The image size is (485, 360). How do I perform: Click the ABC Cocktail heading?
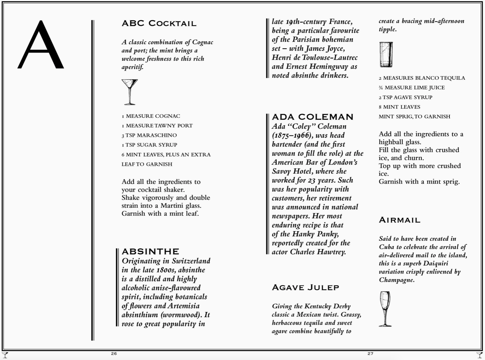point(159,24)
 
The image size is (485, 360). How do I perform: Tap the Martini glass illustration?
point(129,92)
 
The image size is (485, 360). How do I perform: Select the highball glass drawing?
point(386,55)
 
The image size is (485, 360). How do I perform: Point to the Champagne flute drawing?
point(385,309)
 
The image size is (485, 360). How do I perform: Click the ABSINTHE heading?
point(150,252)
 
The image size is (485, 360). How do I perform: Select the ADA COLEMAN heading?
point(312,117)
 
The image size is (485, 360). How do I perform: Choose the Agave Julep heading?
point(305,287)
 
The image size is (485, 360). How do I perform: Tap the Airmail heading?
point(399,220)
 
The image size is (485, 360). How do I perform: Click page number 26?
point(114,354)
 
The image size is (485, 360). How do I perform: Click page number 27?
point(370,354)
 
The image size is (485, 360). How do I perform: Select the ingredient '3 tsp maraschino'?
point(149,135)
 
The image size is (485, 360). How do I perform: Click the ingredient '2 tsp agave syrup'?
point(405,97)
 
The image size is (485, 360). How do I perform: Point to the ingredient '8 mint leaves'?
point(399,107)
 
